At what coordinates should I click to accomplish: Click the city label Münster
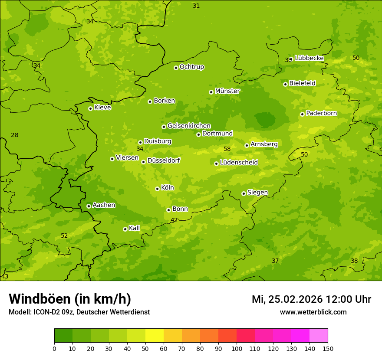click(x=227, y=91)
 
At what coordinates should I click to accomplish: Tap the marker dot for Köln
click(x=157, y=189)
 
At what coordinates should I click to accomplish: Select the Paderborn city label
click(x=321, y=113)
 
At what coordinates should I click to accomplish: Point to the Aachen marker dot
click(x=89, y=206)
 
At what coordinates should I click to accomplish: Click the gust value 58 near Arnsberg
click(x=227, y=149)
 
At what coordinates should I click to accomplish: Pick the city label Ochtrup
click(x=191, y=67)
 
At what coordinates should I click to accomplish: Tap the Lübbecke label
click(x=309, y=58)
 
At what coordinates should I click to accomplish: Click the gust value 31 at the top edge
click(x=196, y=6)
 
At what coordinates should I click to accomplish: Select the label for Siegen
click(x=257, y=193)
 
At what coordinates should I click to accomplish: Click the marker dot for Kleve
click(x=90, y=108)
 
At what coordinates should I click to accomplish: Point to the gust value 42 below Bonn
click(x=174, y=220)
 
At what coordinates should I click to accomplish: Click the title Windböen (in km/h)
click(x=70, y=299)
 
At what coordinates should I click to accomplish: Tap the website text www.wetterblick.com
click(x=313, y=312)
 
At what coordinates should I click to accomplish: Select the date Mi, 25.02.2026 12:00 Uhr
click(x=311, y=299)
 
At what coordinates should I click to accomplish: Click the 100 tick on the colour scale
click(x=237, y=349)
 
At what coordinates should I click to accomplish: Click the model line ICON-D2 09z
click(x=79, y=312)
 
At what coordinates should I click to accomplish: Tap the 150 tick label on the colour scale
click(x=328, y=349)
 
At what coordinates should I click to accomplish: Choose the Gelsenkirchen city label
click(x=189, y=126)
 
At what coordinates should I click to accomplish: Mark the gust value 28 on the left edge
click(x=14, y=135)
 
